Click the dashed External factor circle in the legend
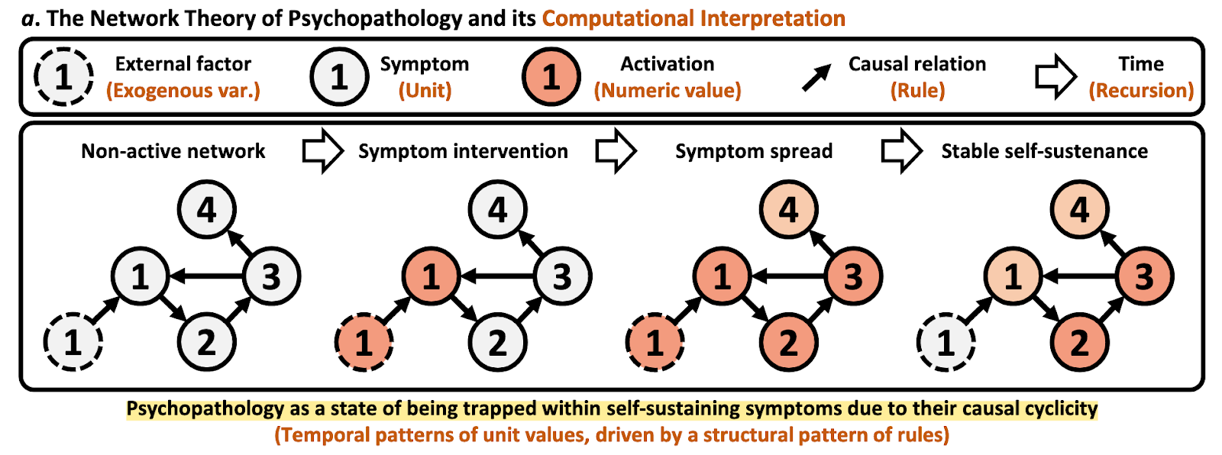click(63, 76)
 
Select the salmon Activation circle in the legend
click(551, 76)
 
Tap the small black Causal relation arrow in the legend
click(816, 78)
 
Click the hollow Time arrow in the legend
click(1056, 76)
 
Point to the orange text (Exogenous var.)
click(183, 91)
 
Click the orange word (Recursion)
click(1141, 91)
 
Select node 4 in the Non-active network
click(206, 209)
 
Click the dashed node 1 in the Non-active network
click(73, 342)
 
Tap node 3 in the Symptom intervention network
click(562, 276)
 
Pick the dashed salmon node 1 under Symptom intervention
click(364, 342)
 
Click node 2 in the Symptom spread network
click(788, 342)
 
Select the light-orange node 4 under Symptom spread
click(788, 209)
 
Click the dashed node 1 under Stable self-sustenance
click(946, 342)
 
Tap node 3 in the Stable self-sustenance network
click(1144, 276)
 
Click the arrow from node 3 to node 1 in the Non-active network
click(205, 276)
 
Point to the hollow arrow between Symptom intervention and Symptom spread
click(616, 151)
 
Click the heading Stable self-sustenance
click(1044, 151)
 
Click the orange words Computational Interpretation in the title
click(693, 18)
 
